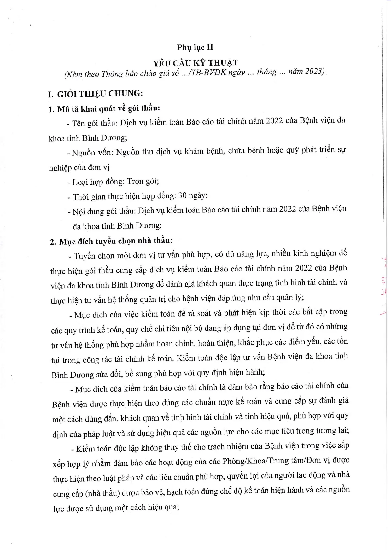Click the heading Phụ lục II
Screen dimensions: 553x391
195,48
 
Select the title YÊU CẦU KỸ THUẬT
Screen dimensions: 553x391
195,63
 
